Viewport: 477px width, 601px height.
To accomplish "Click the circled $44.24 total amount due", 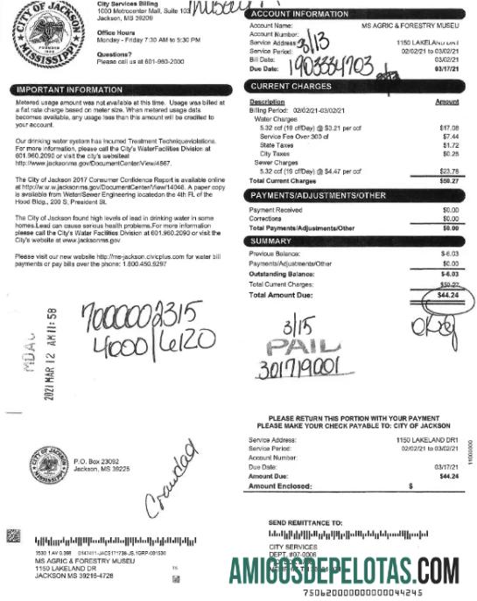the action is [447, 294].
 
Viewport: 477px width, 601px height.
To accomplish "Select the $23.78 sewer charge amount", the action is [448, 171].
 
